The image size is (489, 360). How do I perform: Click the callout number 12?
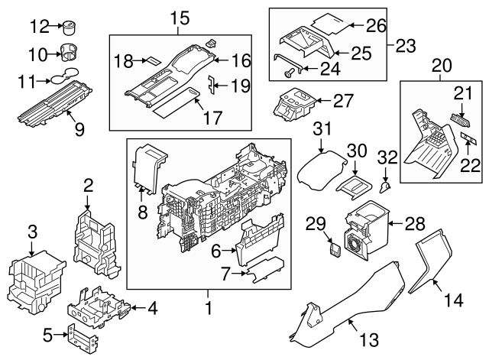tap(38, 28)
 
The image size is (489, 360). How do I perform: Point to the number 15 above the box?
tap(178, 16)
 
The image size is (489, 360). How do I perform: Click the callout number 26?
tap(375, 26)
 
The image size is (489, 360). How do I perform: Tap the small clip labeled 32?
tap(386, 183)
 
